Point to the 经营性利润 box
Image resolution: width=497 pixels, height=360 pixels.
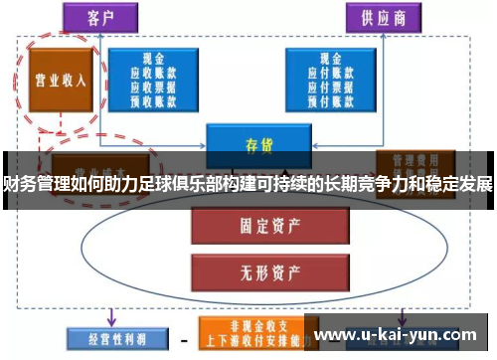coord(106,337)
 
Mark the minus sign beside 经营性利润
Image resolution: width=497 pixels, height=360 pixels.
coord(182,338)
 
